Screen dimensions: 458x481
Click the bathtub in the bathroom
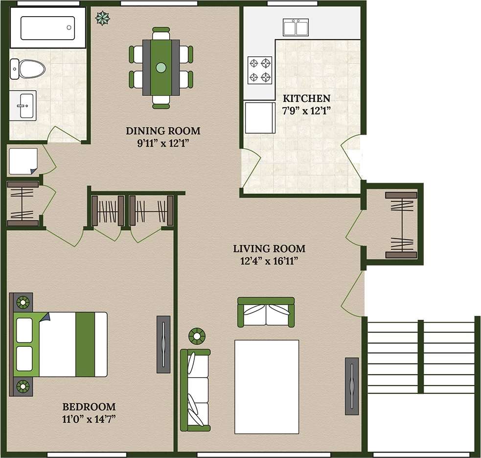click(x=47, y=27)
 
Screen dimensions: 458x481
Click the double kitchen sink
click(x=296, y=27)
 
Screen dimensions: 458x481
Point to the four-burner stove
click(x=260, y=70)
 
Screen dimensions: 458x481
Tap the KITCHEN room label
click(x=307, y=98)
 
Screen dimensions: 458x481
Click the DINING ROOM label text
click(x=163, y=131)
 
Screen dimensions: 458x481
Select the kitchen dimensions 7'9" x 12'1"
click(x=307, y=110)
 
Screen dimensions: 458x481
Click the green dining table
click(x=160, y=68)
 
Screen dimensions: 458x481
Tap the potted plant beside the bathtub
click(x=102, y=18)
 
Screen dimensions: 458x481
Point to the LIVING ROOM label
click(x=269, y=248)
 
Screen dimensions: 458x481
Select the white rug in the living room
click(x=267, y=387)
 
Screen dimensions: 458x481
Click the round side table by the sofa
click(x=197, y=336)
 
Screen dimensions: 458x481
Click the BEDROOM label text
click(x=89, y=407)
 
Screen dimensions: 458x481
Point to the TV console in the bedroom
click(x=163, y=343)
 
